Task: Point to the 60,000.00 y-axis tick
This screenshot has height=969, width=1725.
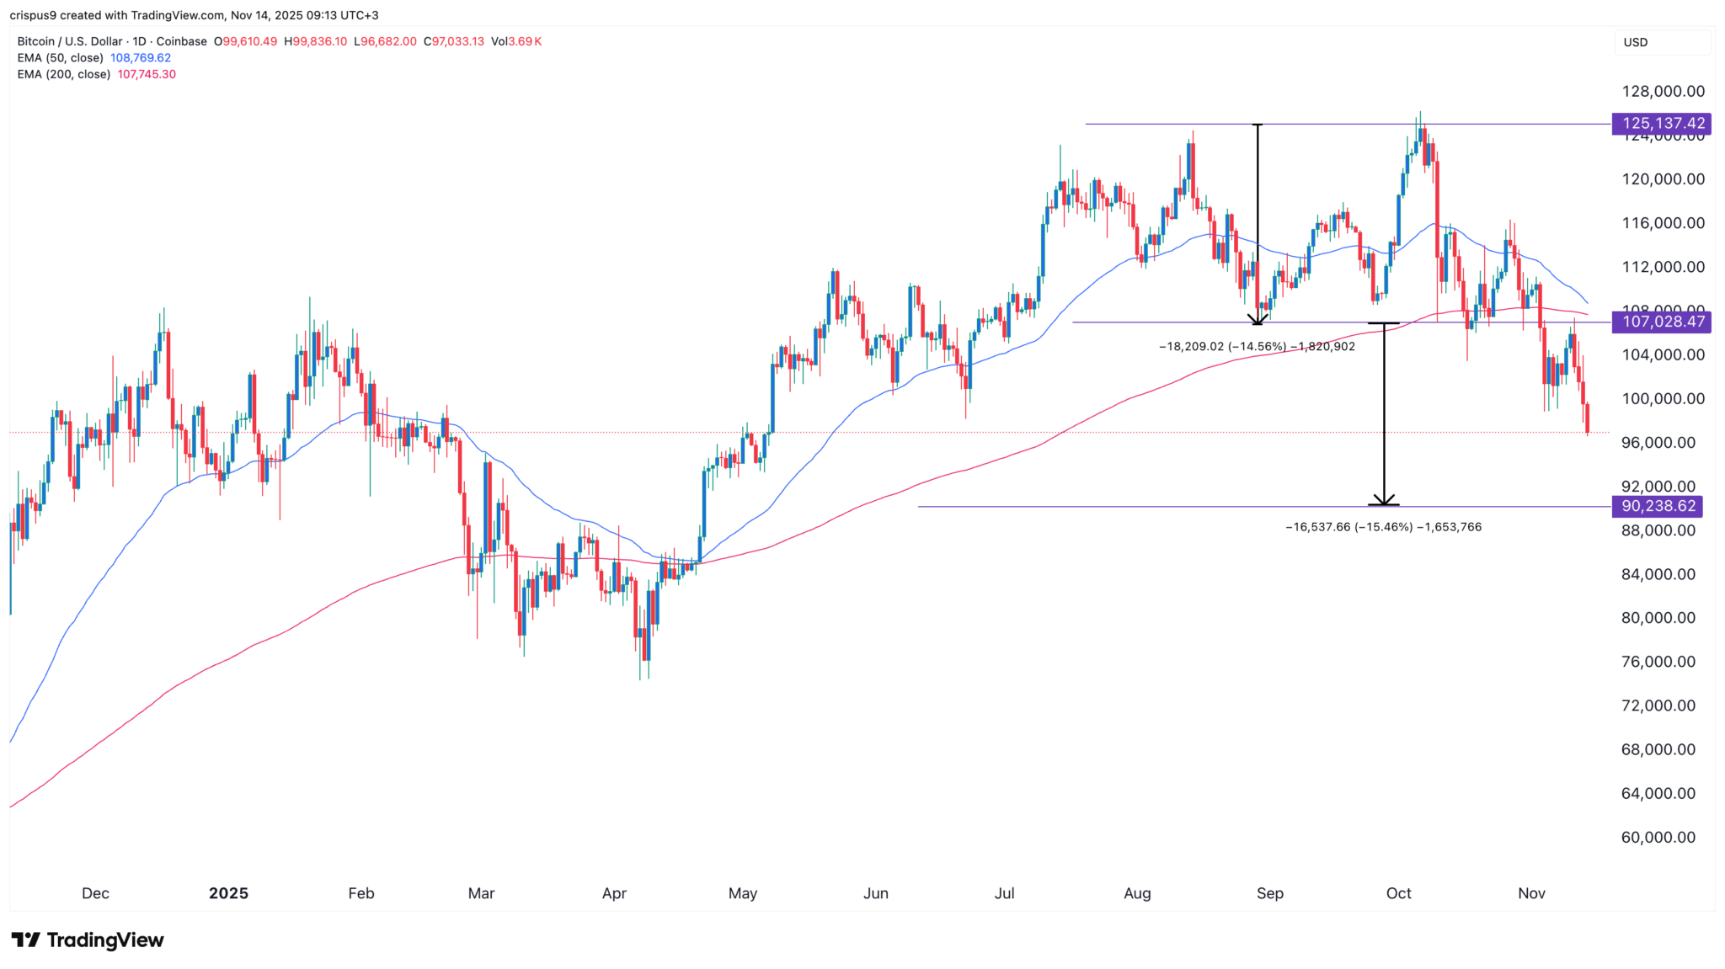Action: pyautogui.click(x=1658, y=837)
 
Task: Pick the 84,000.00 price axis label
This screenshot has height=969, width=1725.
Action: pyautogui.click(x=1658, y=574)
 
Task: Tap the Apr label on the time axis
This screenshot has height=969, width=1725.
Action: pyautogui.click(x=614, y=893)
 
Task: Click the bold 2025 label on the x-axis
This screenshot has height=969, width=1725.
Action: pyautogui.click(x=228, y=893)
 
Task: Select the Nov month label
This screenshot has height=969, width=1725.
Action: pyautogui.click(x=1531, y=893)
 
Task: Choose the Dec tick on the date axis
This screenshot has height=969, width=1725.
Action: pyautogui.click(x=95, y=893)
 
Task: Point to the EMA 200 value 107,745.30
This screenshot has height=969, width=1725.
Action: pyautogui.click(x=147, y=74)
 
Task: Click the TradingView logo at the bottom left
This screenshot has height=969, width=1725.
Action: pyautogui.click(x=88, y=940)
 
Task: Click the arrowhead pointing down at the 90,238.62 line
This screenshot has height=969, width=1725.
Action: pyautogui.click(x=1384, y=499)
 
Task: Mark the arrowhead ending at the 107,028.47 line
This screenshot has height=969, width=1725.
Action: pyautogui.click(x=1258, y=318)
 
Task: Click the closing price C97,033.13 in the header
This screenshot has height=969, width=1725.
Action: pyautogui.click(x=454, y=41)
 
